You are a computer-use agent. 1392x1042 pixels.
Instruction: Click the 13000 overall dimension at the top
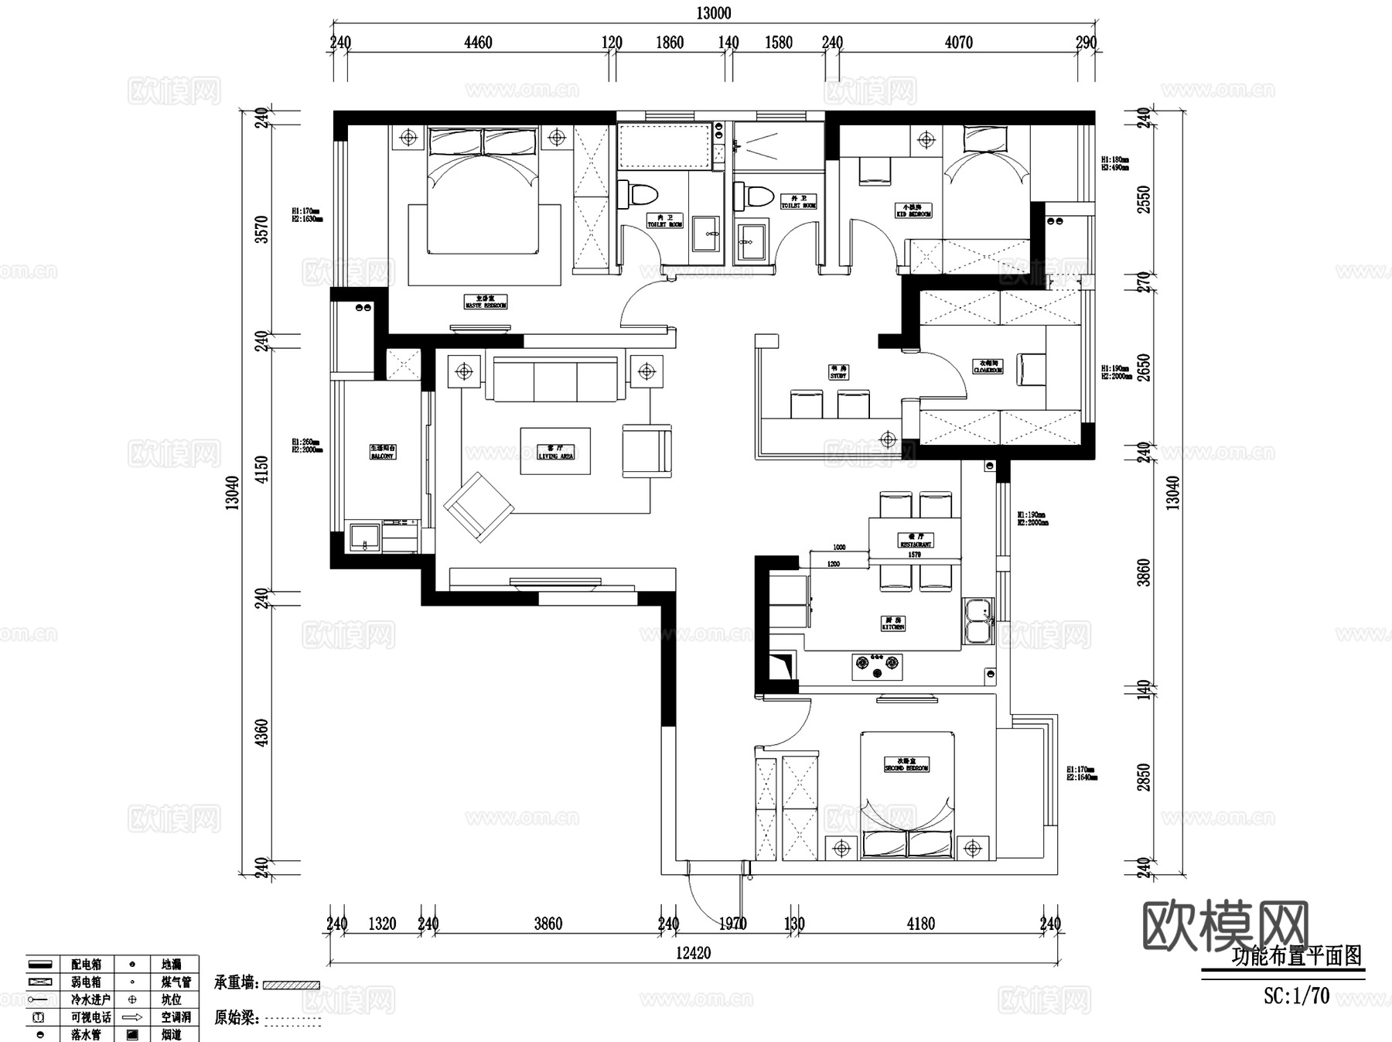(713, 13)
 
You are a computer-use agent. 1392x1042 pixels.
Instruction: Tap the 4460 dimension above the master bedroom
(478, 43)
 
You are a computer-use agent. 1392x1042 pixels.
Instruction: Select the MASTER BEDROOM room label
(486, 302)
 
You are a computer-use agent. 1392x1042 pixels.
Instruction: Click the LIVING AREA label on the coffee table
(555, 452)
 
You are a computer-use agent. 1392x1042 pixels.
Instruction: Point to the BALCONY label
(382, 452)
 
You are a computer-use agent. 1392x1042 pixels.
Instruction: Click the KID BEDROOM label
(913, 210)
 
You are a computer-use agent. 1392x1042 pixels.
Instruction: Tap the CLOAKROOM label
(988, 366)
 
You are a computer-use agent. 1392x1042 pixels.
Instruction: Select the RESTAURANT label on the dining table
(916, 540)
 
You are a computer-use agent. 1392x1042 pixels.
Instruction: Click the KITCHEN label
(893, 623)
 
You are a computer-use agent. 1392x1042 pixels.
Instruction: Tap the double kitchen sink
(978, 620)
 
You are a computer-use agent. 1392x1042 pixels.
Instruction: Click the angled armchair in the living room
(479, 507)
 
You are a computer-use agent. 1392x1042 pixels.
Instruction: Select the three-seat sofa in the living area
(555, 379)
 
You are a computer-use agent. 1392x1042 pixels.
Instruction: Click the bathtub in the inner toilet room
(664, 145)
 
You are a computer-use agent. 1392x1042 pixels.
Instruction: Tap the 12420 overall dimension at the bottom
(693, 953)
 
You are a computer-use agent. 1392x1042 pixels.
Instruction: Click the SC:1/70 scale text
(1296, 996)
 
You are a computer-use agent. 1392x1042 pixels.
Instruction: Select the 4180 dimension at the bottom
(920, 924)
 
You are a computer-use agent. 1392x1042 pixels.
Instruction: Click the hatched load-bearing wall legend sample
(291, 985)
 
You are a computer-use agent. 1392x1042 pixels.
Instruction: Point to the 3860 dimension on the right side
(1144, 572)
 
